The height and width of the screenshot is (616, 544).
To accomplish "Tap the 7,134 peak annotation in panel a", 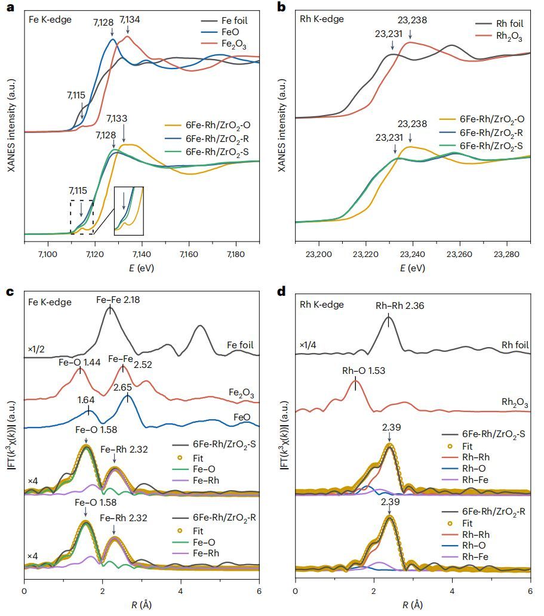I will (131, 20).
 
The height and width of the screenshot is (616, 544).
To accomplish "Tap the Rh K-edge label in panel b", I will (321, 19).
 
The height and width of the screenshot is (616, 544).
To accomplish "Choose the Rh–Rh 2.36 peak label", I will (399, 307).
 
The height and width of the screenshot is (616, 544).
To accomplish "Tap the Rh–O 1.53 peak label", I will (363, 370).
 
